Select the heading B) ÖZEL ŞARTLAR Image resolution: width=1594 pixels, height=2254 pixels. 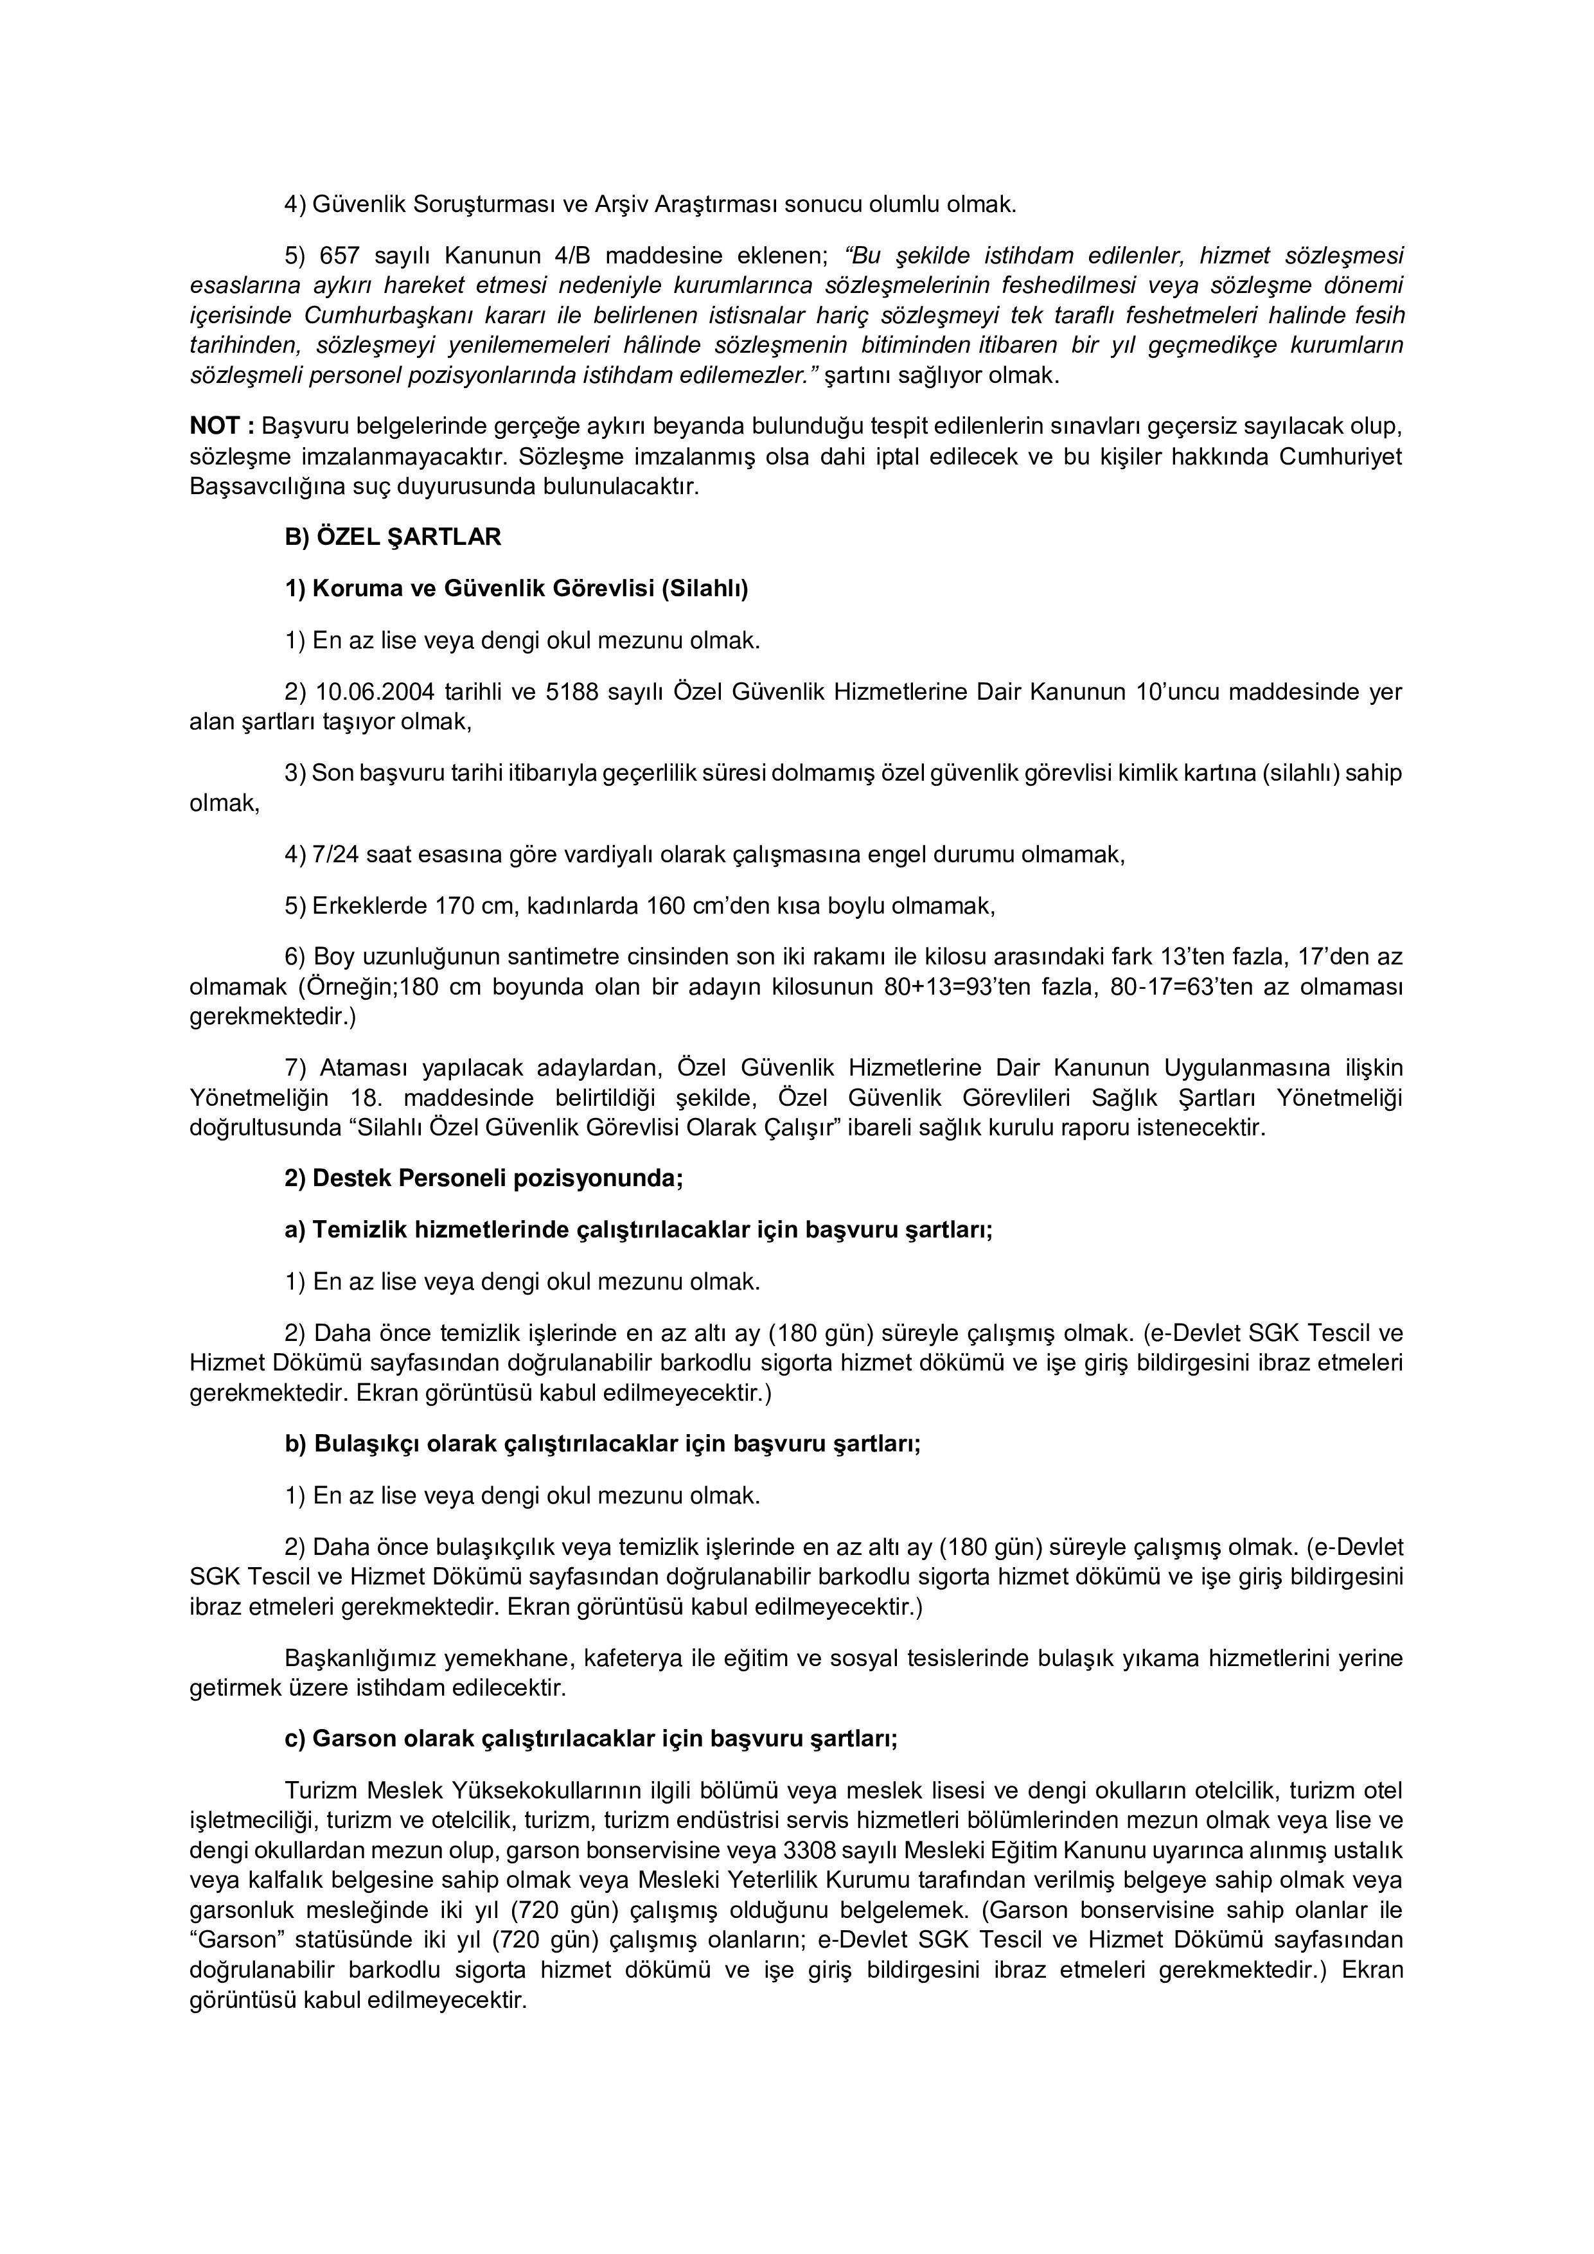pyautogui.click(x=393, y=537)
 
